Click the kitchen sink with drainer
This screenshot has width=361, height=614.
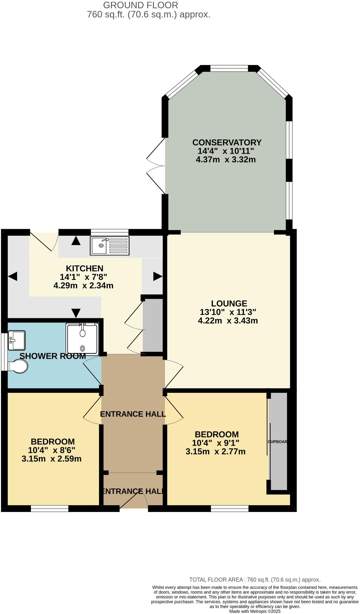pos(110,246)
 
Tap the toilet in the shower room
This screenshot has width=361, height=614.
pos(19,367)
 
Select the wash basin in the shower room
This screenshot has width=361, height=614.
pos(16,340)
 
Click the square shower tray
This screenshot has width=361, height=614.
pos(82,339)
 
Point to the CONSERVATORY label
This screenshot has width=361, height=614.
pos(227,143)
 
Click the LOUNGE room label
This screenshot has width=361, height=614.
pos(229,303)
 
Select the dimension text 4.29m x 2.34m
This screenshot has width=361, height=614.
pos(83,286)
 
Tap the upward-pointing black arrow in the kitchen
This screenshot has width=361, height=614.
pos(75,241)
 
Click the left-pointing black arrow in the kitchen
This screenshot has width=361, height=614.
pos(13,276)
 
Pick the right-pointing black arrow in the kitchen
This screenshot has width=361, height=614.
pos(158,276)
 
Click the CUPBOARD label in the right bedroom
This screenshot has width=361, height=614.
pos(278,442)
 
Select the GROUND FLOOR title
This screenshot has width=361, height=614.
pos(141,5)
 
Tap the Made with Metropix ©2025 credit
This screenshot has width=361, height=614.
pos(255,611)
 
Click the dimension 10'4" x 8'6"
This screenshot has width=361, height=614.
pos(52,450)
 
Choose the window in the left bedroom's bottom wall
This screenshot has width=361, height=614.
pos(49,509)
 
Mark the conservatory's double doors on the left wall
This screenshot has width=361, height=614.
pos(156,166)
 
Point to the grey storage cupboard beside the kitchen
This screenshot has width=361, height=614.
pos(153,325)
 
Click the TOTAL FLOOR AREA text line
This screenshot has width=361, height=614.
pos(255,580)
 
